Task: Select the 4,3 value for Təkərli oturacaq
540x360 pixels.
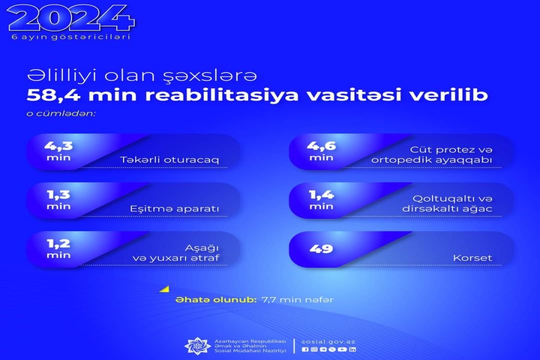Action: (59, 146)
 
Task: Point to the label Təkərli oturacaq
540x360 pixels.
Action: (169, 160)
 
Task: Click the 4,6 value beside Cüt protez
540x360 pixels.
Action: (321, 146)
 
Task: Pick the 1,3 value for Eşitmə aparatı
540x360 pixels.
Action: (59, 194)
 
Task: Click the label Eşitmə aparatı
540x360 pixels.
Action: (174, 209)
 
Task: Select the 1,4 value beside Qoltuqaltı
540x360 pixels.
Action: (322, 194)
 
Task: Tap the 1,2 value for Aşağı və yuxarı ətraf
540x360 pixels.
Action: (59, 244)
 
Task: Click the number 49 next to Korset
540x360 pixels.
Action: (321, 249)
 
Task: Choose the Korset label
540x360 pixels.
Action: (473, 257)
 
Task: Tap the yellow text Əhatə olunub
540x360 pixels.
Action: (216, 300)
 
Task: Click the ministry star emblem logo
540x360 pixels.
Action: (197, 346)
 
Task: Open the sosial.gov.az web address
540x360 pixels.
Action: (328, 342)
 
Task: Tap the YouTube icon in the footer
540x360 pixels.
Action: (342, 349)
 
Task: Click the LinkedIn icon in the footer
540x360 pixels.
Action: (352, 349)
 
